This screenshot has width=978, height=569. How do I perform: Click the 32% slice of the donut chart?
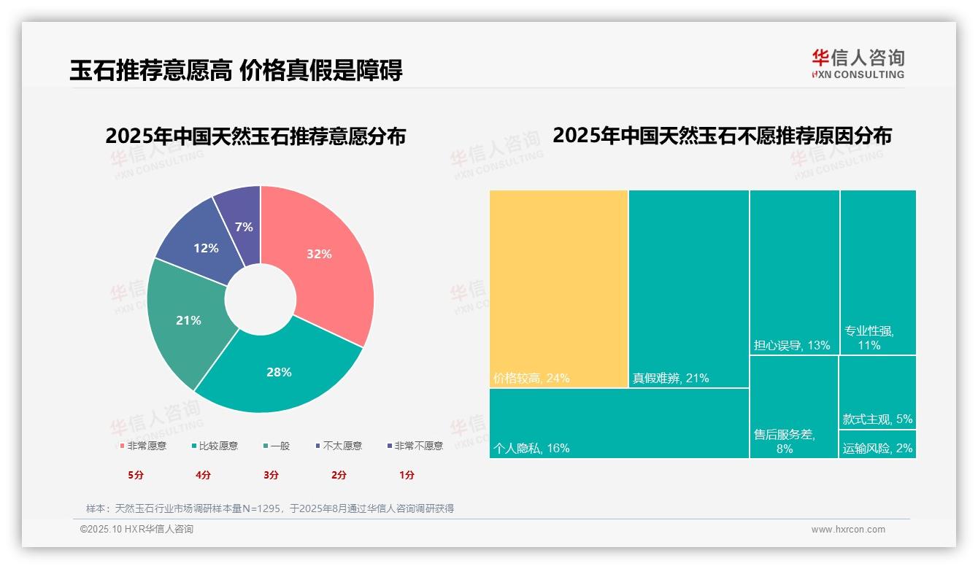click(318, 255)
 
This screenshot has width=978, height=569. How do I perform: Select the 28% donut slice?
click(279, 372)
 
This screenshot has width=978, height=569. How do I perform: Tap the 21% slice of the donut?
click(188, 320)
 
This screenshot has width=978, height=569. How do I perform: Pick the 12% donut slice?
click(206, 248)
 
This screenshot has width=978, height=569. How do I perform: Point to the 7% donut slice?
click(244, 227)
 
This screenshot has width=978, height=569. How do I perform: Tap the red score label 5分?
click(136, 475)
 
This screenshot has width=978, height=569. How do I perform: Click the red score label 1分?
click(407, 475)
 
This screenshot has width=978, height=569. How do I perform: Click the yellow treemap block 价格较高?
click(558, 288)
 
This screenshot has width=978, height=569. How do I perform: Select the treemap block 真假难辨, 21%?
click(688, 288)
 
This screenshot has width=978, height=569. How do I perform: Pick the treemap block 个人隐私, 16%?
click(619, 423)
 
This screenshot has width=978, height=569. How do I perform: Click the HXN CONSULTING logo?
click(858, 64)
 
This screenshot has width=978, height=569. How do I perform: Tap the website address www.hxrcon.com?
click(848, 530)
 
